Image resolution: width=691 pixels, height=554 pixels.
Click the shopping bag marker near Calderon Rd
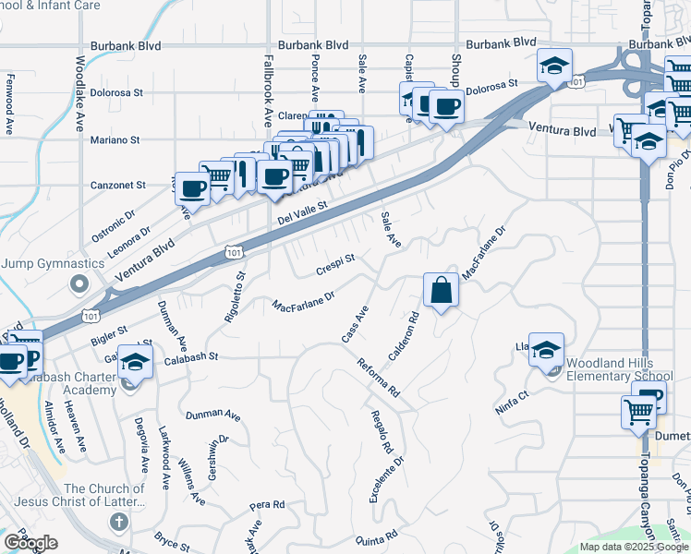click(x=442, y=291)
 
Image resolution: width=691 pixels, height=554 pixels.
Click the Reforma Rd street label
click(x=378, y=377)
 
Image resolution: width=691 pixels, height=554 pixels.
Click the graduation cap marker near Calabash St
click(x=136, y=363)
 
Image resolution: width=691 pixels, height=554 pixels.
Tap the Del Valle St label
click(x=303, y=213)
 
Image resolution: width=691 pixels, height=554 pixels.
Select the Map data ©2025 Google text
click(x=634, y=547)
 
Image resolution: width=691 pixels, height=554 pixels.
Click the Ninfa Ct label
click(x=511, y=403)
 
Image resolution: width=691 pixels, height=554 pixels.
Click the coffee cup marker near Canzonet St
click(x=192, y=188)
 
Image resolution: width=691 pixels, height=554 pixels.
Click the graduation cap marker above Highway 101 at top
click(x=555, y=66)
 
